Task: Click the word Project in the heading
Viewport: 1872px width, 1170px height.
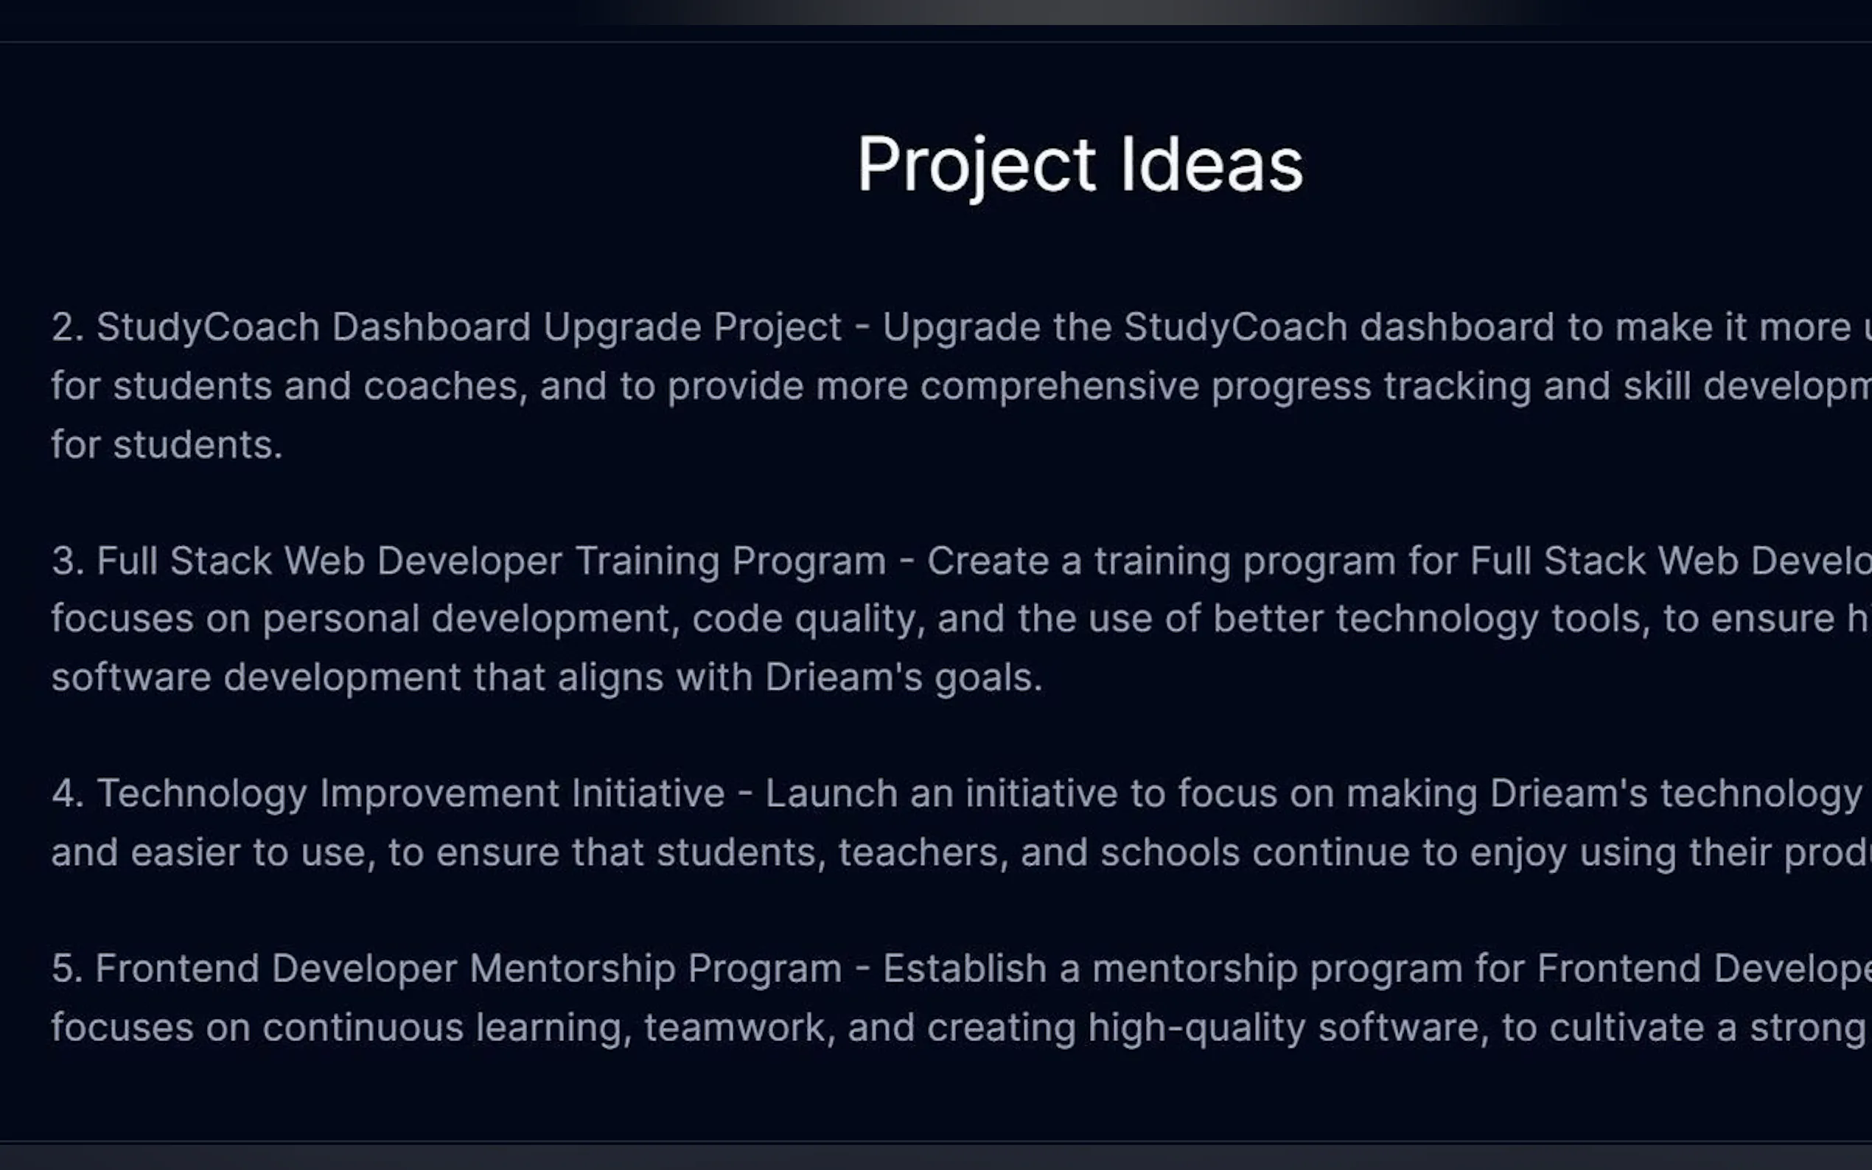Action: (976, 166)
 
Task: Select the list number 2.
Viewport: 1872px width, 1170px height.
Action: (67, 327)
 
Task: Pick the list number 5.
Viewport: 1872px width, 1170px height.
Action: (67, 969)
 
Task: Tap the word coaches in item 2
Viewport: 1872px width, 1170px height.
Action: (445, 386)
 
